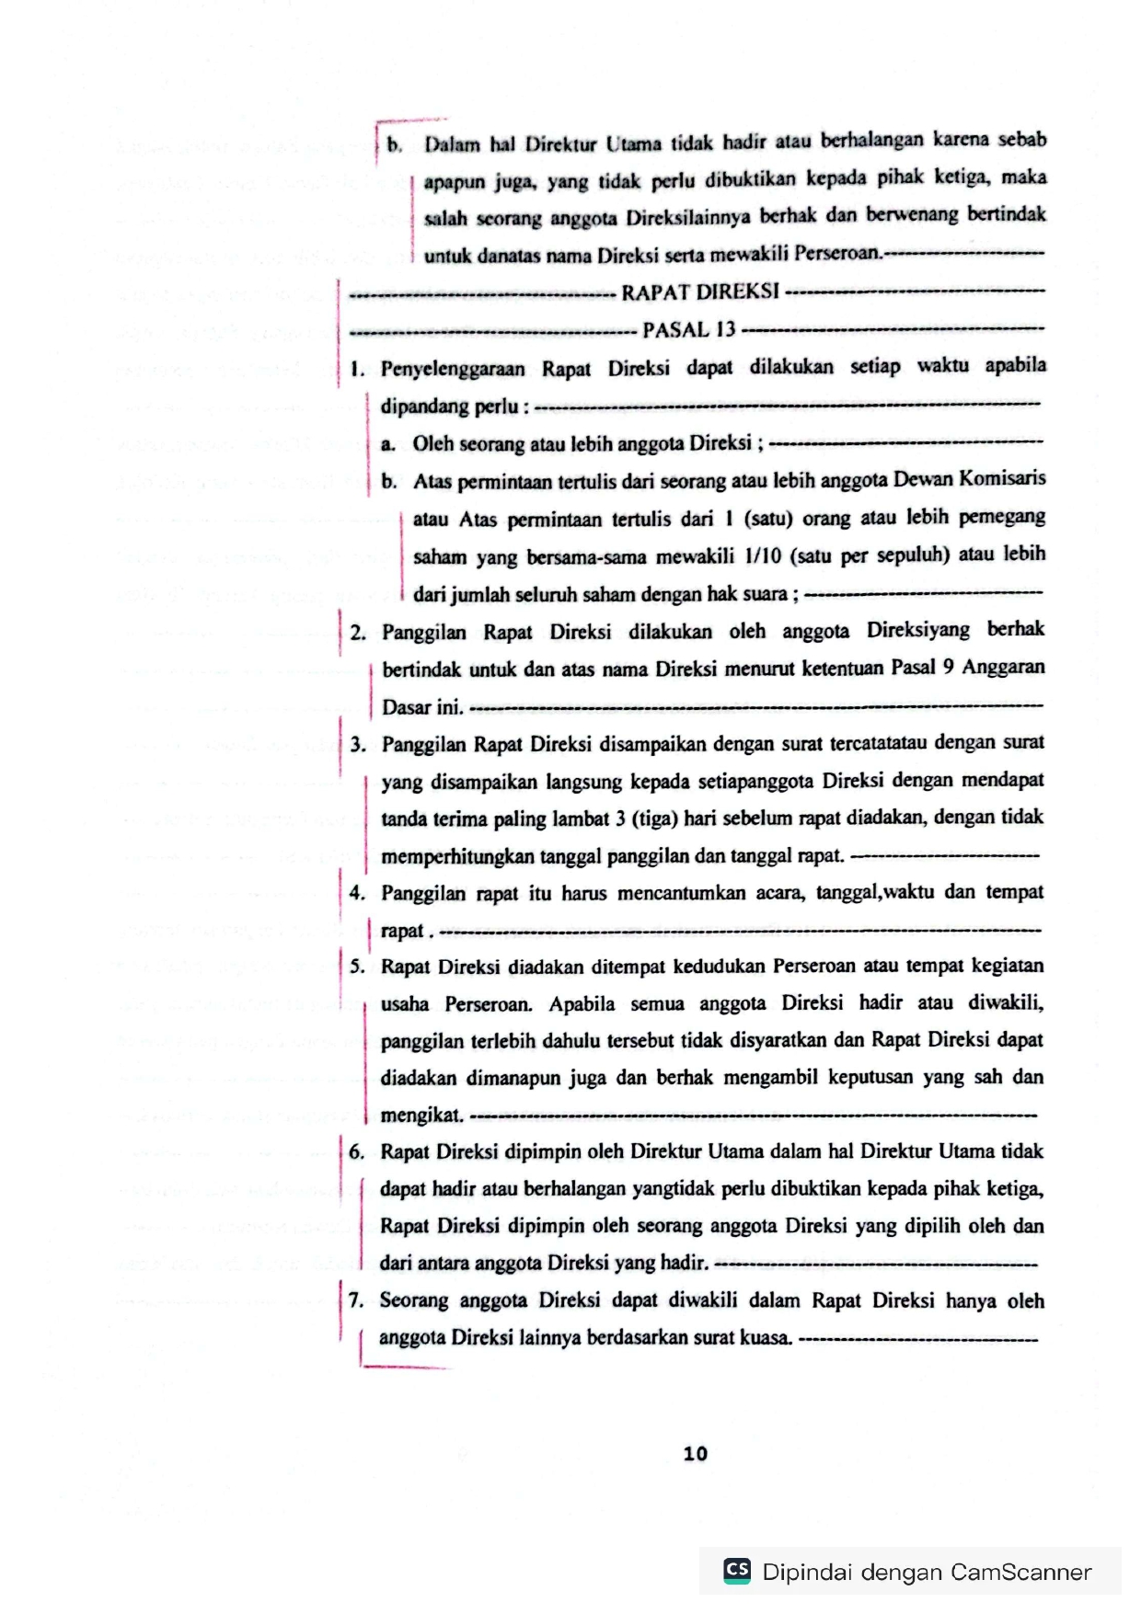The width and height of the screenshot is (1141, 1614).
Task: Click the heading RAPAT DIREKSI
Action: [x=700, y=292]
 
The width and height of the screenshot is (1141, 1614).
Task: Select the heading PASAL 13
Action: [x=689, y=330]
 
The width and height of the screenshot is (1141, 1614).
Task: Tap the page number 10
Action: [x=696, y=1453]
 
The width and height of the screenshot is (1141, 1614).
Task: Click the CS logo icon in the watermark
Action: [x=737, y=1570]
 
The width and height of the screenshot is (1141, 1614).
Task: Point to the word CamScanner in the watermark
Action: [x=1020, y=1572]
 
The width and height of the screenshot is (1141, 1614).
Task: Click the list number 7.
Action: [x=356, y=1300]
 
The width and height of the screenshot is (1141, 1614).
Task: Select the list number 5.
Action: [x=357, y=967]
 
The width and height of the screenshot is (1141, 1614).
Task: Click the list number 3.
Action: [x=358, y=744]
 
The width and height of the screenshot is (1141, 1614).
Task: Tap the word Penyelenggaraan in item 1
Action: [x=453, y=370]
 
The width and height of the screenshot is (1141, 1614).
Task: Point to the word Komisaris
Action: [x=1002, y=478]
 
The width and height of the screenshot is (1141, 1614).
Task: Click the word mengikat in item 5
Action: [x=421, y=1116]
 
